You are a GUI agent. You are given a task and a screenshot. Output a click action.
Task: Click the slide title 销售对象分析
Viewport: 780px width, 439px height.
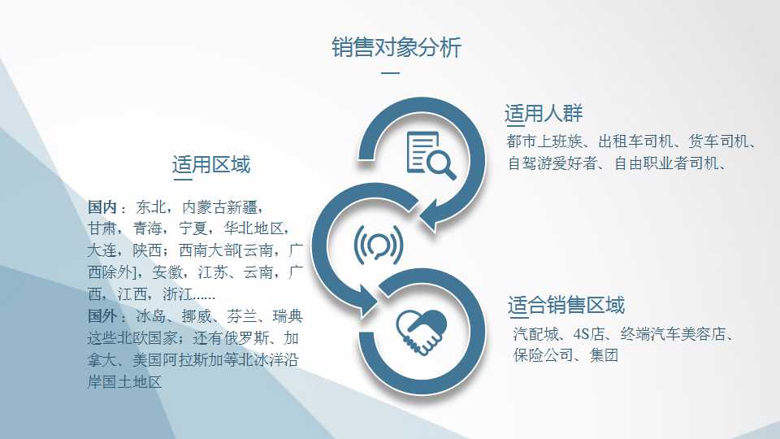[x=396, y=48]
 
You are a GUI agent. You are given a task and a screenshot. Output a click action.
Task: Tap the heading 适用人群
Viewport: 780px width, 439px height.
[x=544, y=114]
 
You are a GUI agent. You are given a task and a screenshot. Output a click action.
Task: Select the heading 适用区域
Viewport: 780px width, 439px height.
[x=211, y=164]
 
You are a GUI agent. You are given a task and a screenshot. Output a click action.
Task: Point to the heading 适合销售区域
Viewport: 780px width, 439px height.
[x=565, y=305]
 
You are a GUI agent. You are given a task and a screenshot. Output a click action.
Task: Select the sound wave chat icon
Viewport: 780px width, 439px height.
[x=378, y=245]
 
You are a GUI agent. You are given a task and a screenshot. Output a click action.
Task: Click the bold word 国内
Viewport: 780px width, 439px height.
[x=102, y=206]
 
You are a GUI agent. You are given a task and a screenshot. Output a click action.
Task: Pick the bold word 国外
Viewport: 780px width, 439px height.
[x=102, y=316]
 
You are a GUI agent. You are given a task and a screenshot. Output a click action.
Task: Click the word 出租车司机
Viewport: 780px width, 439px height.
[x=635, y=141]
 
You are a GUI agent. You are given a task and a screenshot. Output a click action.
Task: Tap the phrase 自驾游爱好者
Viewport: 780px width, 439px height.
[x=552, y=163]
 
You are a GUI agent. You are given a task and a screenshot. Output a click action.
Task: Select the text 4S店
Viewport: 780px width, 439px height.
[x=588, y=334]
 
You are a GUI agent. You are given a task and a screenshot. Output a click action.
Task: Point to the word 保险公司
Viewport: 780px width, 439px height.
[x=543, y=355]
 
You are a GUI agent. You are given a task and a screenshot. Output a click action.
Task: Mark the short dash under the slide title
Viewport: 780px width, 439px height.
[x=391, y=72]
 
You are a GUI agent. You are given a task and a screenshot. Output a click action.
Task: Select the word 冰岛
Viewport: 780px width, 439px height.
[x=151, y=316]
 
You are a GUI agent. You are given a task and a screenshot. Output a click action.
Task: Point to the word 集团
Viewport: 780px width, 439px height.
[x=604, y=355]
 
